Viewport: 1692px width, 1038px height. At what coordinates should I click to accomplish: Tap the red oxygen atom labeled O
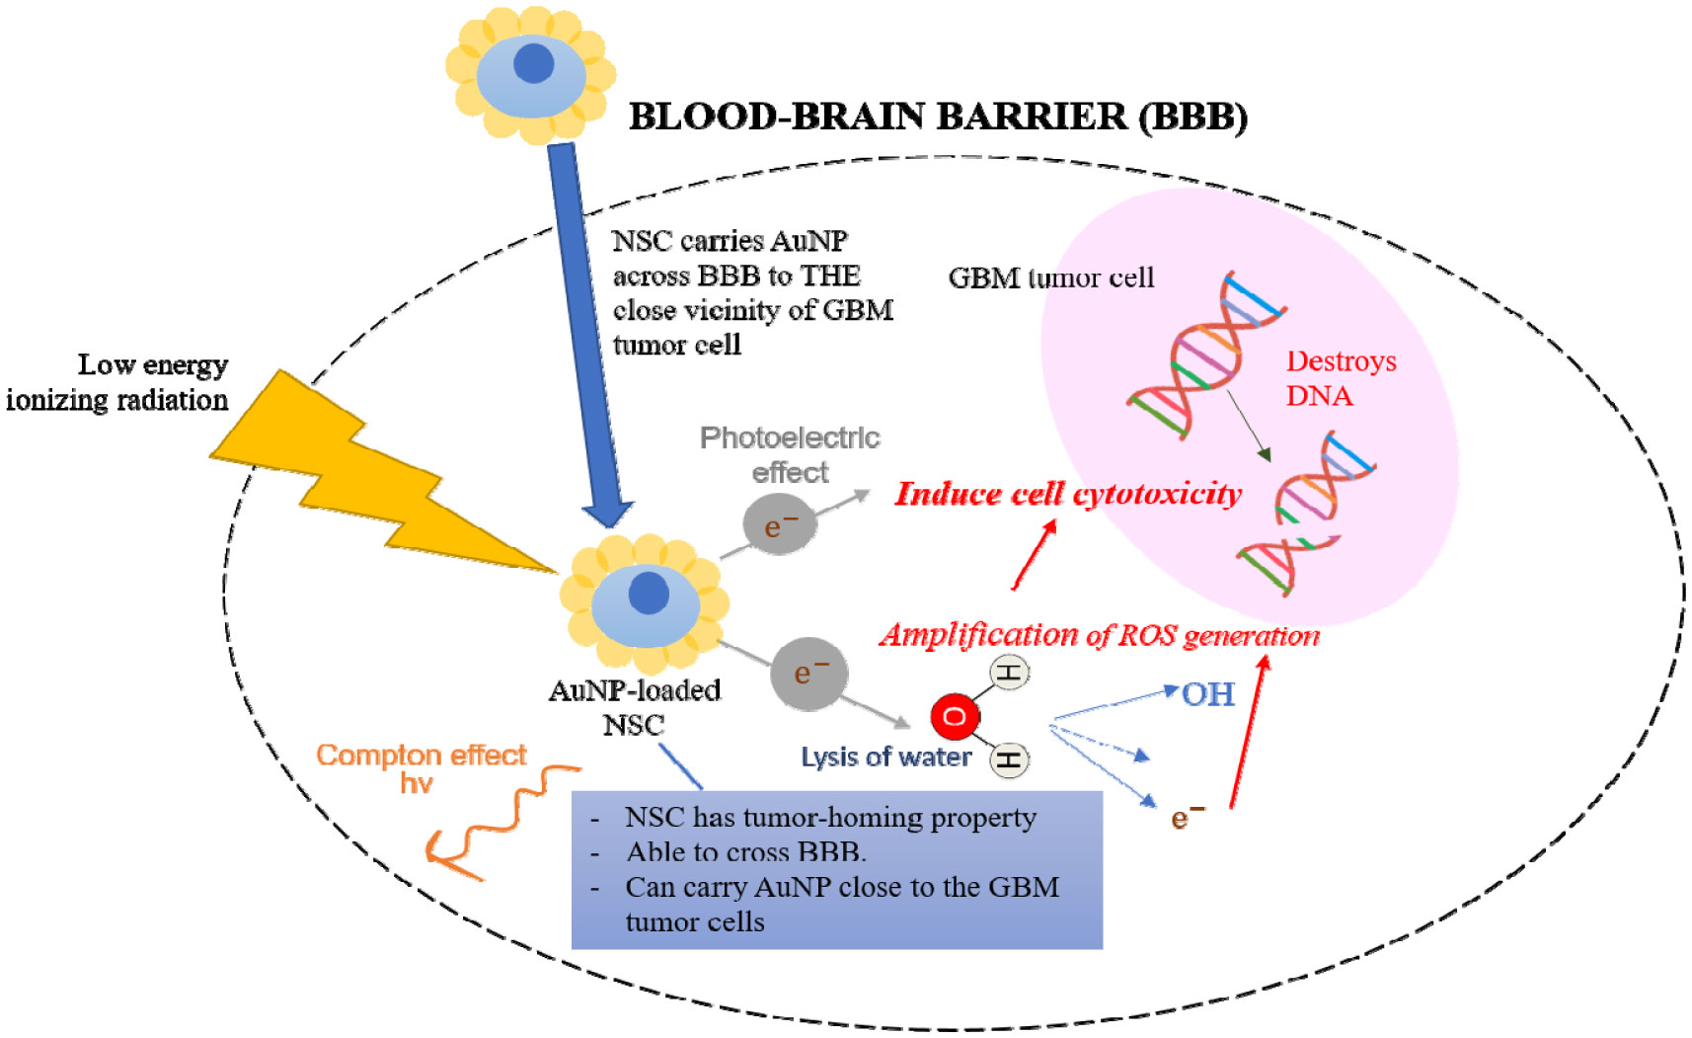tap(955, 716)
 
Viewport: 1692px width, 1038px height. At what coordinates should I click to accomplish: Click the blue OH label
tap(1208, 694)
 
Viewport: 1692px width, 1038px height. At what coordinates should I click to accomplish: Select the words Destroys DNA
tap(1340, 378)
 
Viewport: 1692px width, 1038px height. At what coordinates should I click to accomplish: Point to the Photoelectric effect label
tap(790, 454)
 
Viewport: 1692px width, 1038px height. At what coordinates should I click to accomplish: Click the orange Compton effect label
tap(421, 756)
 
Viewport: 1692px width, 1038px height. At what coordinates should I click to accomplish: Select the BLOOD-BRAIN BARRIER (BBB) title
tap(938, 117)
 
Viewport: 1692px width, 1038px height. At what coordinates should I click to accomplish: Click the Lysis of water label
tap(885, 758)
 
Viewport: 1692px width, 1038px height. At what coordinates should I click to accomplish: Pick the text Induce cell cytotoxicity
tap(1068, 494)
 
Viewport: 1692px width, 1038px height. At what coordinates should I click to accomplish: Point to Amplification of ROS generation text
tap(1099, 635)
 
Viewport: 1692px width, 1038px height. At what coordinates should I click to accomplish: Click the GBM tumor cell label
tap(1050, 279)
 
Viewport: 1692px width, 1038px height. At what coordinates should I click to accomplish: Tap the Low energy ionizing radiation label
tap(118, 382)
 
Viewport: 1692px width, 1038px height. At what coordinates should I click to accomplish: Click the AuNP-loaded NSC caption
tap(635, 707)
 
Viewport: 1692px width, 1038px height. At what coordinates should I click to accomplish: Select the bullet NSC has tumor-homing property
tap(829, 818)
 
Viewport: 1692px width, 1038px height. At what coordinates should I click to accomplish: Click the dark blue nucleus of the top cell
tap(534, 63)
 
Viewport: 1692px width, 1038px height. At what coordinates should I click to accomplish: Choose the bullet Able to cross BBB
tap(745, 852)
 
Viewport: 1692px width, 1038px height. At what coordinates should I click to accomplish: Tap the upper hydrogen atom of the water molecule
tap(1009, 674)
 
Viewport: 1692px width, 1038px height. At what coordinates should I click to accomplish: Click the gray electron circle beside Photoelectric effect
tap(779, 524)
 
